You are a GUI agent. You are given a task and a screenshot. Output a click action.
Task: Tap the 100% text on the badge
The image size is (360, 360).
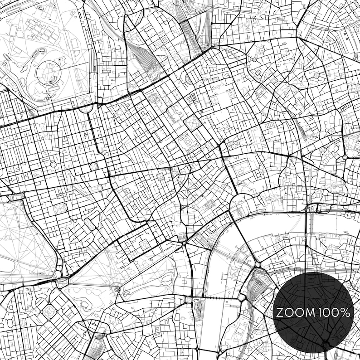(x=334, y=312)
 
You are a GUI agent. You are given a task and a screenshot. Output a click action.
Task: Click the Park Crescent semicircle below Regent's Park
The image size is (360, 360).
(x=85, y=108)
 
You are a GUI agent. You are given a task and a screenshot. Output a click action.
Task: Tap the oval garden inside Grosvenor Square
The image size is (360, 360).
(x=60, y=209)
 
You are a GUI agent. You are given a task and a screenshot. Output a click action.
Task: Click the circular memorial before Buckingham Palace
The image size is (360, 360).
(x=117, y=289)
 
